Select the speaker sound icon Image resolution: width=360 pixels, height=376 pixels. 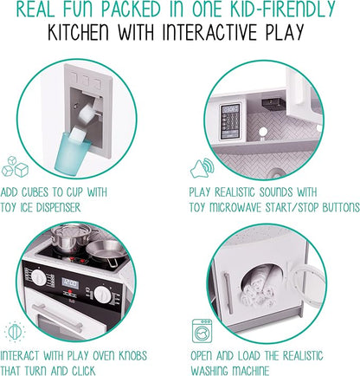click(198, 167)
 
